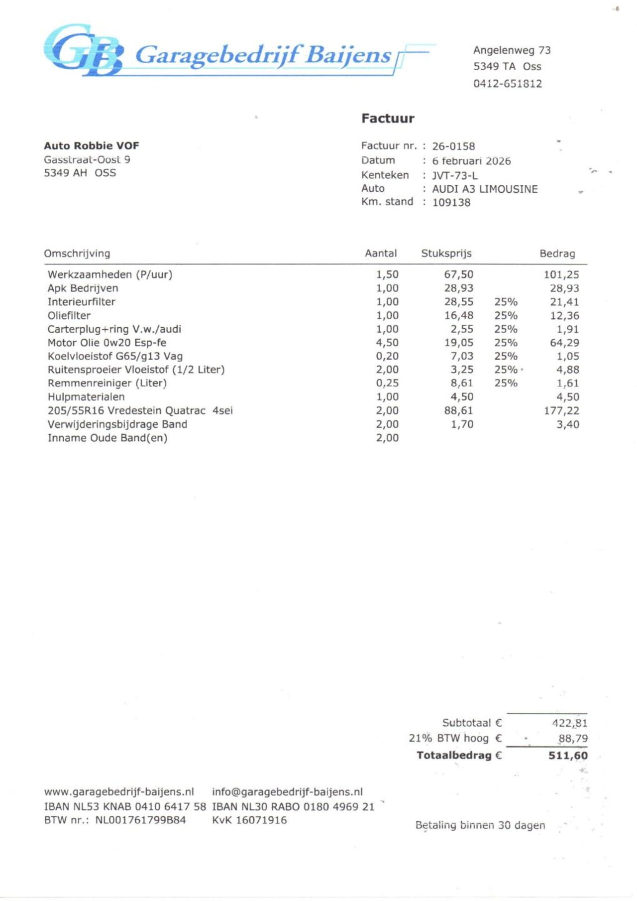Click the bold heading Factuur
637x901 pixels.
coord(388,119)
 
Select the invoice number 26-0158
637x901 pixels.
coord(453,146)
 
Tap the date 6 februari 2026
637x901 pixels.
coord(471,161)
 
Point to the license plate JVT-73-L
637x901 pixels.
coord(454,175)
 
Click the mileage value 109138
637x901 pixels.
coord(451,202)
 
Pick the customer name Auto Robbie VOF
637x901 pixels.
coord(92,146)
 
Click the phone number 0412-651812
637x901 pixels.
coord(507,84)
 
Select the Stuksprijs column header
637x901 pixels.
coord(446,254)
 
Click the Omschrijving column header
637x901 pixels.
coord(77,254)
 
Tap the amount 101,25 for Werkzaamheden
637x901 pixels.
coord(561,274)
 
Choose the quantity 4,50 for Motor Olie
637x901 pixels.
coord(387,343)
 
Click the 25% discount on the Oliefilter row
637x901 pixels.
coord(506,316)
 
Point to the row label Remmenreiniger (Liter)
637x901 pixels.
coord(107,384)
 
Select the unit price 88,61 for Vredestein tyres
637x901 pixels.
coord(458,411)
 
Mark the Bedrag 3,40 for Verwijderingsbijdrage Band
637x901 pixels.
coord(568,424)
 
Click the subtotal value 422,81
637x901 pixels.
coord(569,723)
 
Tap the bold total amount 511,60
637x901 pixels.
coord(568,756)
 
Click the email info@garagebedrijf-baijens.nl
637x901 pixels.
coord(287,792)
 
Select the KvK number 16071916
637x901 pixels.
coord(261,820)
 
